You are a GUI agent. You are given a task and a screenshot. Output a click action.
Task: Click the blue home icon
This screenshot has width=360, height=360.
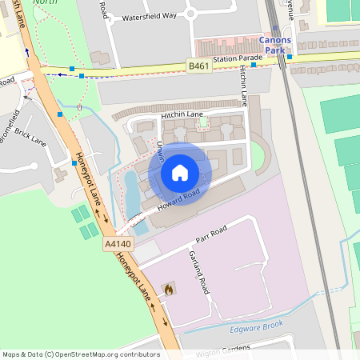point(180,173)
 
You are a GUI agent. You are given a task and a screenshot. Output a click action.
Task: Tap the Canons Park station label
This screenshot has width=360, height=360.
point(274,45)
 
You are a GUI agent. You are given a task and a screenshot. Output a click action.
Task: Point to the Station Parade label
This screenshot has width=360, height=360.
point(238,58)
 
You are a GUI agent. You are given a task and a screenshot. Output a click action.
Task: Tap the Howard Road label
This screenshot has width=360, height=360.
point(178,198)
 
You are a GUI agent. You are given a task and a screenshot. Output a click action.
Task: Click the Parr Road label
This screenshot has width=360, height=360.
point(212,234)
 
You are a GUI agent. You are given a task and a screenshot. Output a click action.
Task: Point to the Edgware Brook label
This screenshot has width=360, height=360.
point(256,326)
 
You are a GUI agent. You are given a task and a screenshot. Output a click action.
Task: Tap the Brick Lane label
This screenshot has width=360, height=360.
point(30,138)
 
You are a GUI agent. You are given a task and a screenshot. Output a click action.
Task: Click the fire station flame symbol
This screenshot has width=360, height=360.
point(168,289)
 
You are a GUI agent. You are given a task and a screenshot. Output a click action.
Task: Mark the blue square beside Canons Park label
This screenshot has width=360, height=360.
point(290,57)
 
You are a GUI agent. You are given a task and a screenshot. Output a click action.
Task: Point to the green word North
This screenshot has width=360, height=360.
point(45,2)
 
